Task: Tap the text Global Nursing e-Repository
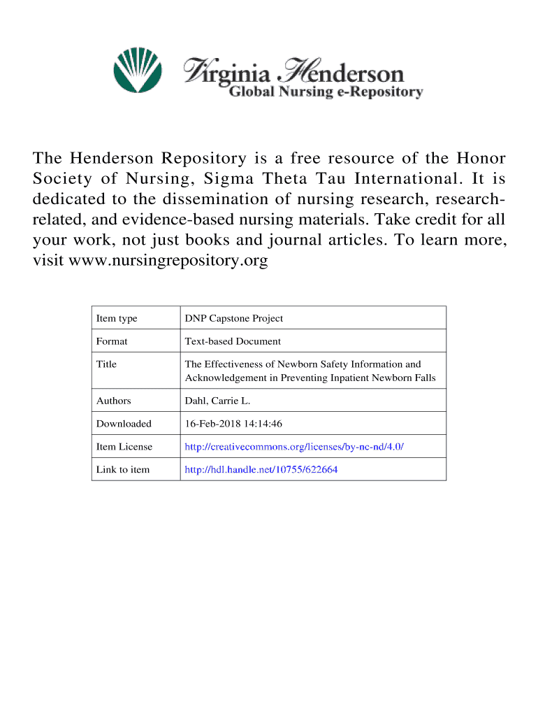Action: [326, 92]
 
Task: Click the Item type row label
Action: [117, 319]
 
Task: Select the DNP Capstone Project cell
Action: [233, 319]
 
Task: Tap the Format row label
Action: [112, 342]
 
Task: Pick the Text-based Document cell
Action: [233, 342]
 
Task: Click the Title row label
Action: [106, 364]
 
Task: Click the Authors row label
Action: [113, 401]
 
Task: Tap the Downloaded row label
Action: [124, 424]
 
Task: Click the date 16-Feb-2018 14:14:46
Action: [233, 424]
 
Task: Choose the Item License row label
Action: [124, 447]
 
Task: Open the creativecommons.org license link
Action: [293, 447]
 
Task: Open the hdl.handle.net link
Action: [261, 470]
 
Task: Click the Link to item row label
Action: [122, 470]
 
